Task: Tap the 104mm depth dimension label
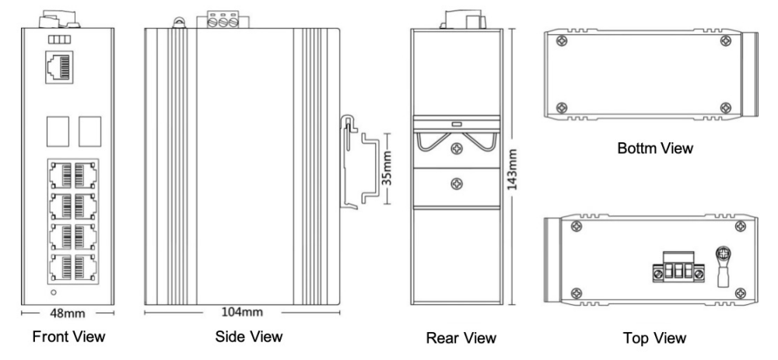tap(242, 313)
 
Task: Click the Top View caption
tap(654, 338)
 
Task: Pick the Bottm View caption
tap(654, 147)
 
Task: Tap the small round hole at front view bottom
tap(52, 293)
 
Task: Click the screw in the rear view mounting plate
tap(458, 183)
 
